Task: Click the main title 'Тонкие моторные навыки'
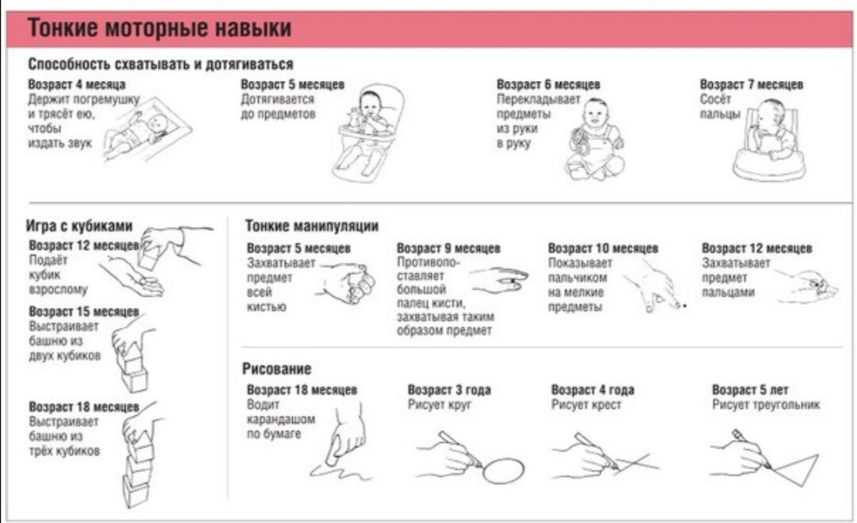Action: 159,27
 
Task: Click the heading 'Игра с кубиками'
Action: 79,225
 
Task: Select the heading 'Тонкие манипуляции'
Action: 312,225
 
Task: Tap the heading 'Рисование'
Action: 277,368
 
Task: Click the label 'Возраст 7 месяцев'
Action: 751,84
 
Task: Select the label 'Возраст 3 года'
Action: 448,390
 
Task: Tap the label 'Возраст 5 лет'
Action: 750,390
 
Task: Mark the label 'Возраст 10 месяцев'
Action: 603,248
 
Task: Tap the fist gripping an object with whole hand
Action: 347,283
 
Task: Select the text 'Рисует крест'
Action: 586,405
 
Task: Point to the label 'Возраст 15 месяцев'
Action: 84,312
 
